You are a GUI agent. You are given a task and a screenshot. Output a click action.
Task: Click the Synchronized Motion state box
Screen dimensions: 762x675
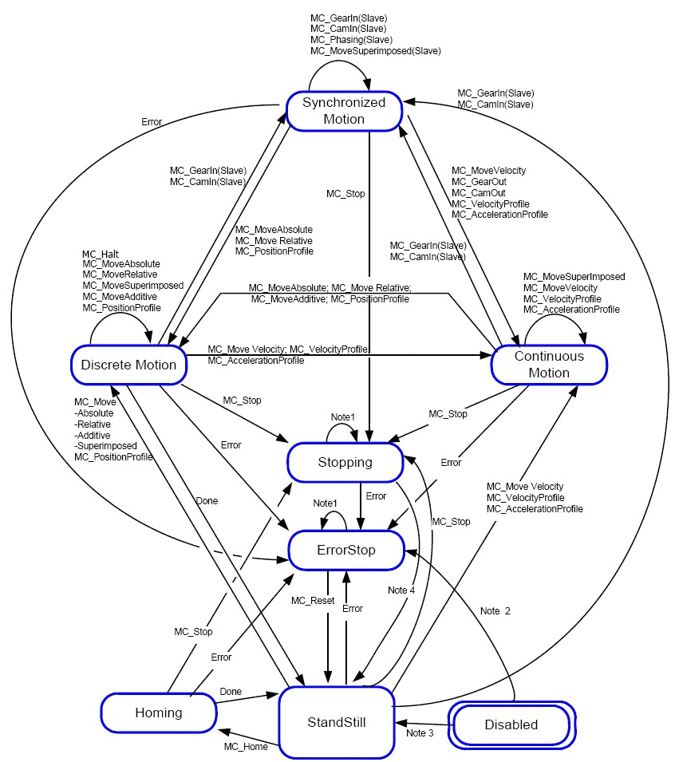pos(343,111)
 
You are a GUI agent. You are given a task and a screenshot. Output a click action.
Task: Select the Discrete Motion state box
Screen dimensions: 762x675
pos(128,365)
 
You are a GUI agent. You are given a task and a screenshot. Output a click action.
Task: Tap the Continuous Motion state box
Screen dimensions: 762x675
pos(549,364)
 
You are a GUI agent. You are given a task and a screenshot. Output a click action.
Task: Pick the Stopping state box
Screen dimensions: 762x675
pos(345,462)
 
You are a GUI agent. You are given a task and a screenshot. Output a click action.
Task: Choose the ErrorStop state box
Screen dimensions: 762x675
pos(344,550)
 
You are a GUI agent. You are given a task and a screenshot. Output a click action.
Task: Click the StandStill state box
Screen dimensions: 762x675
pos(336,722)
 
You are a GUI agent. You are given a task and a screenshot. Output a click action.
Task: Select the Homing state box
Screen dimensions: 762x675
pos(159,713)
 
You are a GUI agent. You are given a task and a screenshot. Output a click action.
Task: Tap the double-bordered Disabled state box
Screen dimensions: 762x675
pos(511,724)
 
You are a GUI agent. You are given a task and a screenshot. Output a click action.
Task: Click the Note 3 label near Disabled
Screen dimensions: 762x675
pos(421,732)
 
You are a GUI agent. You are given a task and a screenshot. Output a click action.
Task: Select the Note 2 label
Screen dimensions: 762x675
pos(495,610)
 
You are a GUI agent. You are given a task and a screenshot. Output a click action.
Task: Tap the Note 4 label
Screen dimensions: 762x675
pos(401,590)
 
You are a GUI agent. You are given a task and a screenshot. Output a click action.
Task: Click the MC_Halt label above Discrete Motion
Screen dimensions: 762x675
pos(100,254)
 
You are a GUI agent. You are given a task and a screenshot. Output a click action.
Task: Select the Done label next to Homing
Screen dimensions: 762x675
pos(231,692)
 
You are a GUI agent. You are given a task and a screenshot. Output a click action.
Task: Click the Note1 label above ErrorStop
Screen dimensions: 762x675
pos(326,503)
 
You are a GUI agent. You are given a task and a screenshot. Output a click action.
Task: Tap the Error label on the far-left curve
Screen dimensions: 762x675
pos(152,122)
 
